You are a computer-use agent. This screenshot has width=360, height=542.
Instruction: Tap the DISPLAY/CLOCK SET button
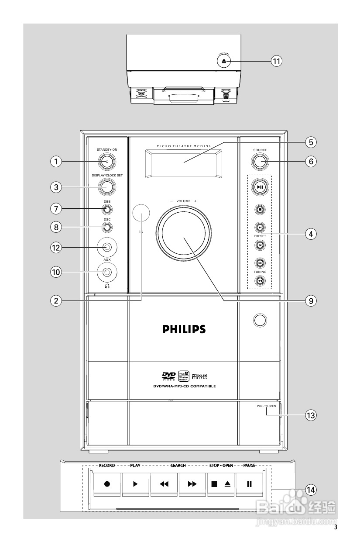(x=107, y=187)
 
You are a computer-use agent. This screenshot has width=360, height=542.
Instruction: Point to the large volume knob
(x=184, y=236)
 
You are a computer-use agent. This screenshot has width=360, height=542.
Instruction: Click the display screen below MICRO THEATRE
(x=184, y=162)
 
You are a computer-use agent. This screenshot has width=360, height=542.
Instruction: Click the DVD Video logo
(x=169, y=376)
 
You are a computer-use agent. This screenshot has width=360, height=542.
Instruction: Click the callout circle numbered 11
(x=276, y=61)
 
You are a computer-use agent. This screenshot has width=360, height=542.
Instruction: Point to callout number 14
(x=311, y=490)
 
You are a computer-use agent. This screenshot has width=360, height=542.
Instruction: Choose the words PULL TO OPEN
(x=266, y=406)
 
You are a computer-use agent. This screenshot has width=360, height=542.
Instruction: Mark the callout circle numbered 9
(x=311, y=300)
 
